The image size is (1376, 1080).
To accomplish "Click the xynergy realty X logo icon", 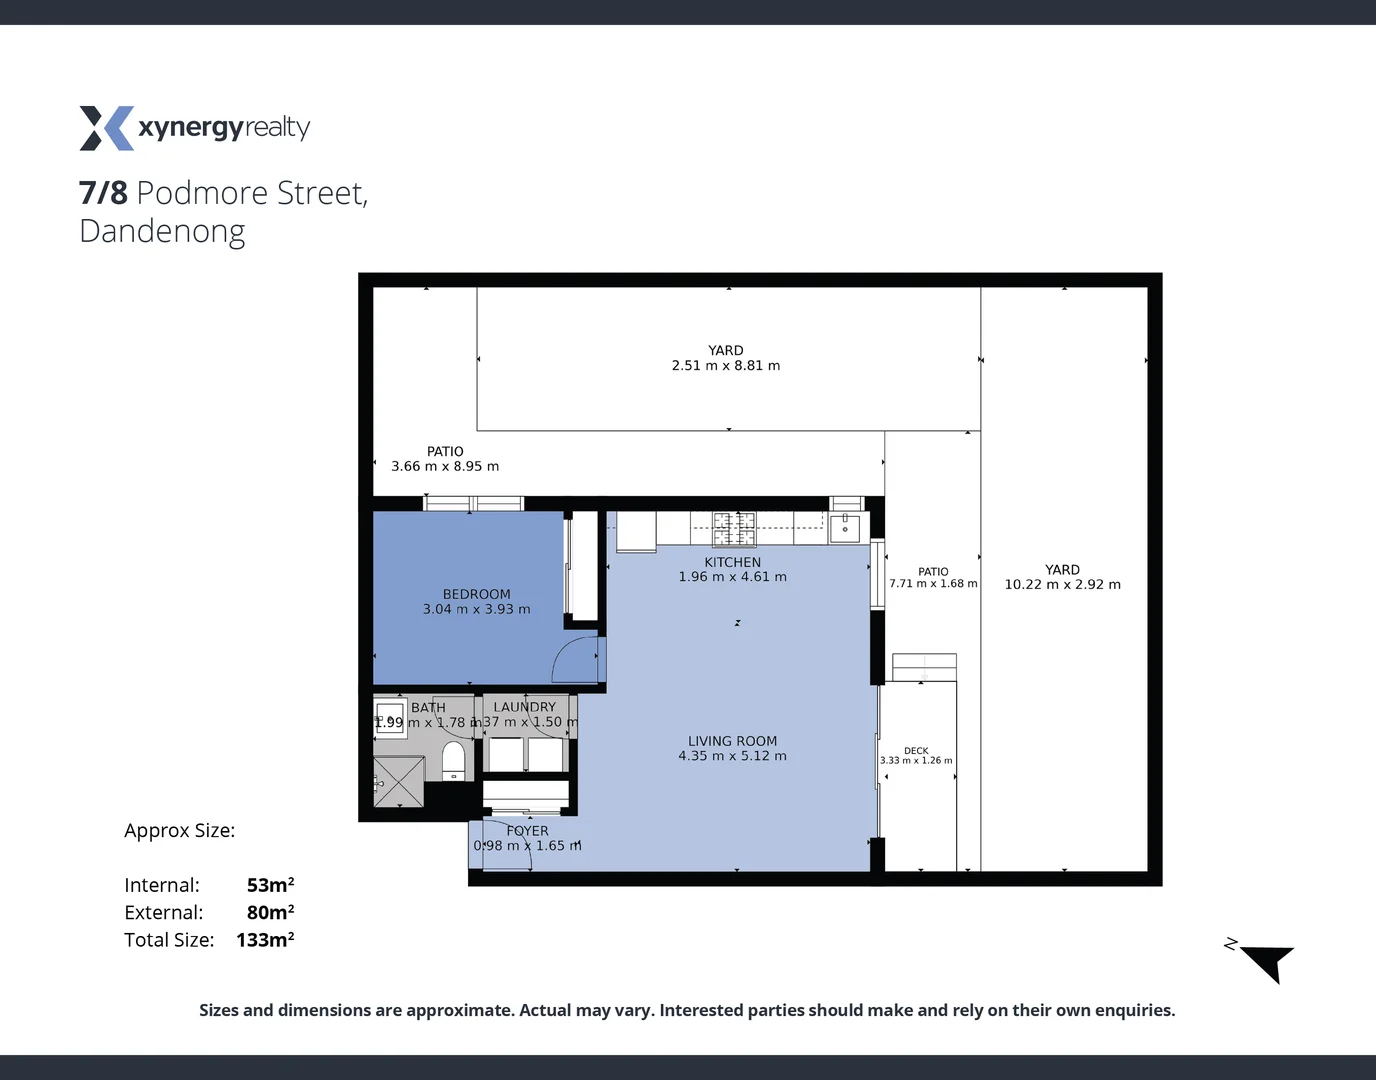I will coord(106,128).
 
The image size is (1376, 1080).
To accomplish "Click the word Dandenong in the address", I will coord(162,231).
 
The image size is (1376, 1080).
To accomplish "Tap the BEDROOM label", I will coord(476,594).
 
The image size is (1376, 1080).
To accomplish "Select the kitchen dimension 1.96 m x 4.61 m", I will coord(732,577).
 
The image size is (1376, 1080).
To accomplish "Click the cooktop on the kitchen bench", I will coord(733,526).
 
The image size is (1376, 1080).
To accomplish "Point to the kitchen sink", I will coord(845,526).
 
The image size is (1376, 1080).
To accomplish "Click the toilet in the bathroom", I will coord(454,761).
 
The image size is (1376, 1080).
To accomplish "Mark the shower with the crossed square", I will coord(398,781).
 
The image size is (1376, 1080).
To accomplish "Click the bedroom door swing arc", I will coord(574,658).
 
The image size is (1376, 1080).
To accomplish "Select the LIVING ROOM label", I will coord(732,741).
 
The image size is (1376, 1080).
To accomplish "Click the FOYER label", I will coord(527,831).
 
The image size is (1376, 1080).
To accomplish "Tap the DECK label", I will coord(916,750).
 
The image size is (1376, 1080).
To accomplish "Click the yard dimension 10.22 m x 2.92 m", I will coord(1062,585).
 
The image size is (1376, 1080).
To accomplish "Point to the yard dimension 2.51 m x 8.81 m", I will coord(725,366).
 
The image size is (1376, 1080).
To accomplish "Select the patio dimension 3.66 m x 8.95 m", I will coord(445,467).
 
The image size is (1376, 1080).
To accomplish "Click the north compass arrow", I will coord(1268,962).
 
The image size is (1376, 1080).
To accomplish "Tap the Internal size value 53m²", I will coord(270,885).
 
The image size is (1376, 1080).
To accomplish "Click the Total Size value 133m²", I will coord(265,940).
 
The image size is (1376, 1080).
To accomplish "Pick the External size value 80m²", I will coord(270,912).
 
